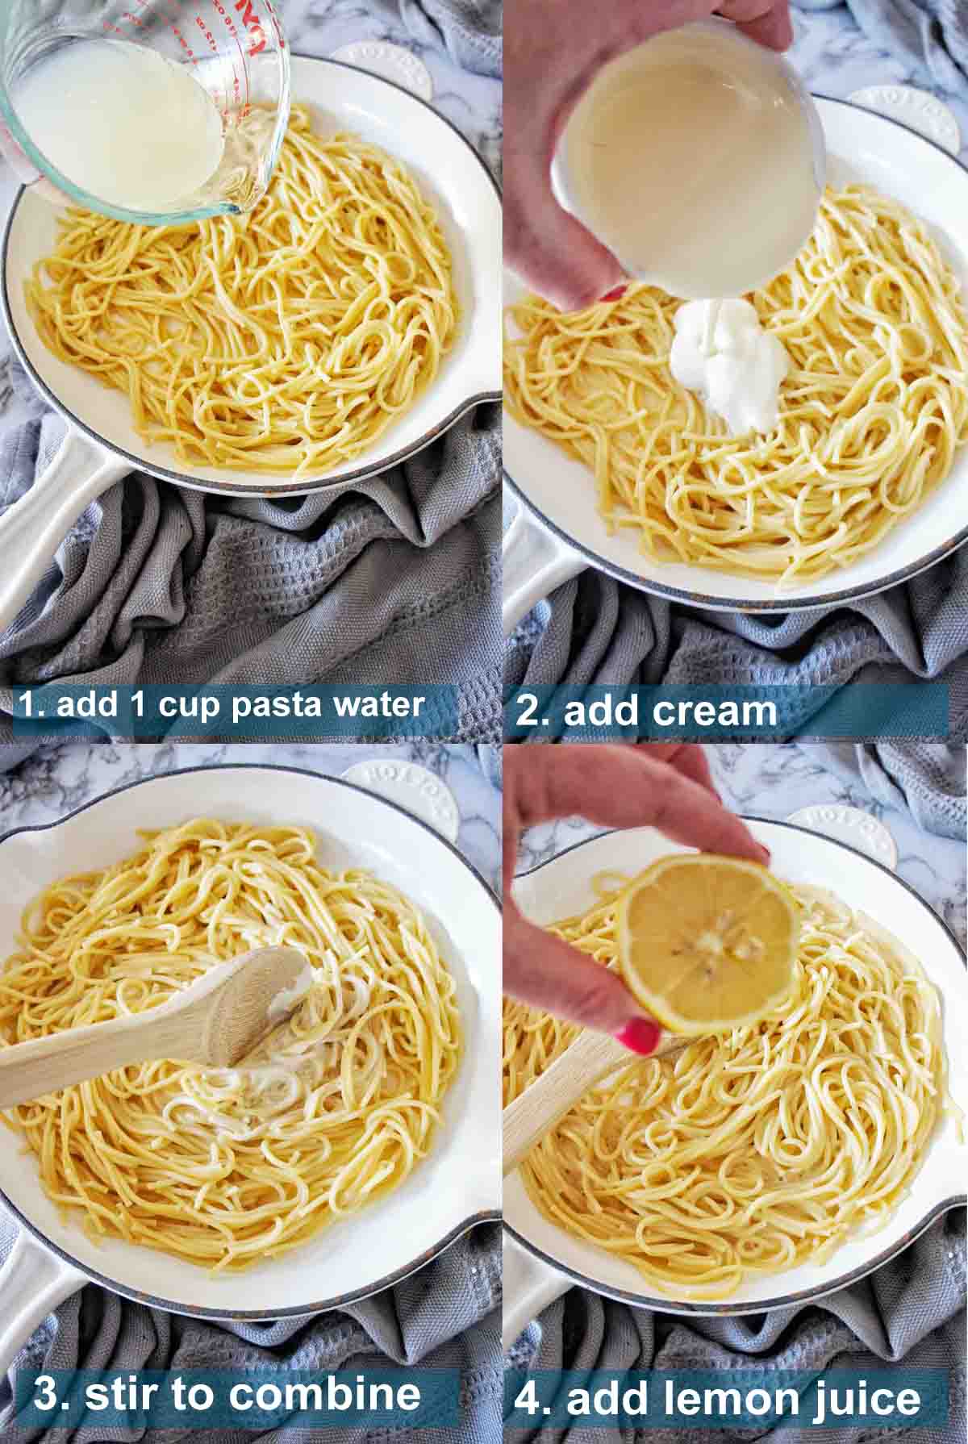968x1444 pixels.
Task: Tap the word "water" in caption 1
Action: (378, 705)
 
